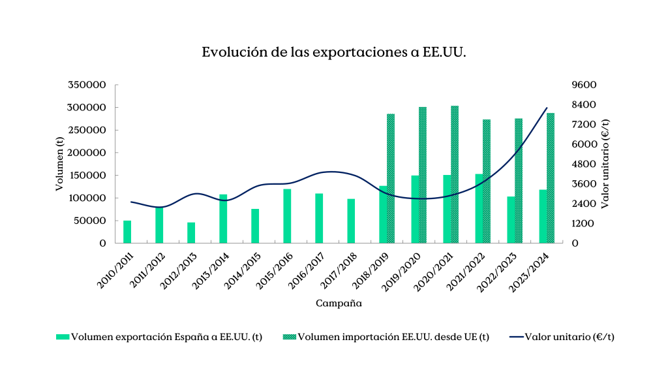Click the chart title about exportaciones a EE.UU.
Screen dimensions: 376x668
[x=333, y=53]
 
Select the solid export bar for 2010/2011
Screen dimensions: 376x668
[x=127, y=232]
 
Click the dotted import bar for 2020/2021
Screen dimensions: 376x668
[x=455, y=174]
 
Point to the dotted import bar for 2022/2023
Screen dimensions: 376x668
[x=519, y=181]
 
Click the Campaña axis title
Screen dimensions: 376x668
[x=339, y=304]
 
